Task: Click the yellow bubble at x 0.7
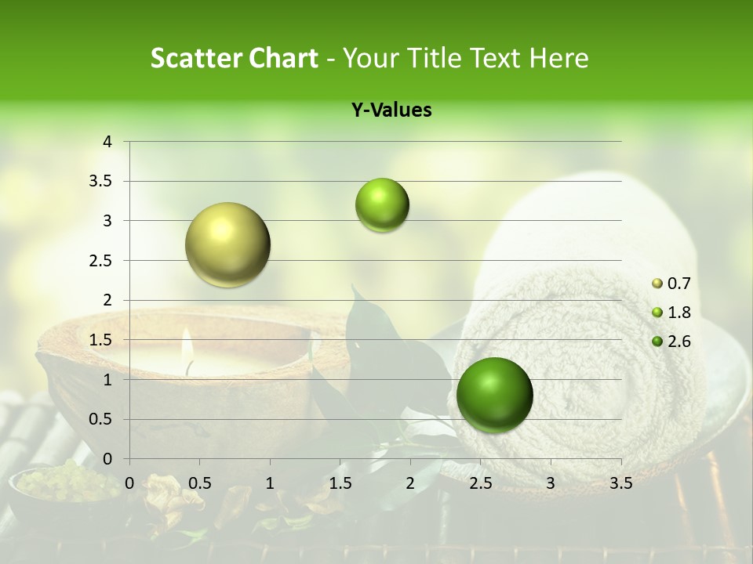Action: pyautogui.click(x=227, y=244)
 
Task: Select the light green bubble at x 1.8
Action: pyautogui.click(x=382, y=205)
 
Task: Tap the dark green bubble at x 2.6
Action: pyautogui.click(x=494, y=395)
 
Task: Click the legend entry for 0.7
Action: pyautogui.click(x=671, y=284)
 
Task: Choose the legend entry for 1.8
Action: pyautogui.click(x=671, y=313)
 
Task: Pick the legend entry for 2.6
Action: pyautogui.click(x=671, y=342)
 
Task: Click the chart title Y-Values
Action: pyautogui.click(x=391, y=110)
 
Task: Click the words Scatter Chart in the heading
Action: pyautogui.click(x=234, y=58)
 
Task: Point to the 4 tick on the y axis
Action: pyautogui.click(x=107, y=142)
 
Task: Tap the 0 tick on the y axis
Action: pyautogui.click(x=107, y=459)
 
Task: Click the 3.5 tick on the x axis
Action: pyautogui.click(x=620, y=483)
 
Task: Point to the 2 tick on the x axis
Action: pyautogui.click(x=410, y=483)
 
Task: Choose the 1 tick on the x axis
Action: pyautogui.click(x=270, y=483)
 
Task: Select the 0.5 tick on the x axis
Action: pyautogui.click(x=199, y=483)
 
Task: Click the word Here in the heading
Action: pyautogui.click(x=558, y=58)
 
